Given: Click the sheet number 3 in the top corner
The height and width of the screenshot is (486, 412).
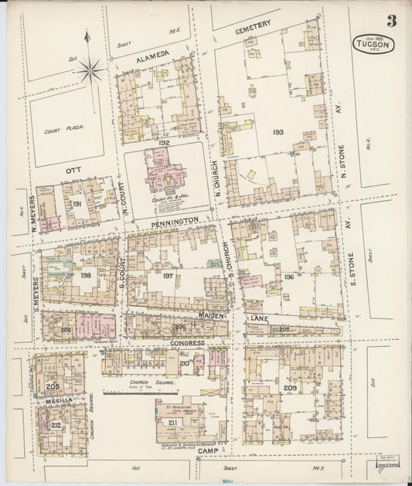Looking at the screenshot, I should point(392,22).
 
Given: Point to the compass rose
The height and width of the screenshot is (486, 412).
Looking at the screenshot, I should point(90,70).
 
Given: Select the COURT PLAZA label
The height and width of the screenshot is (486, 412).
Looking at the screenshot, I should point(64,130).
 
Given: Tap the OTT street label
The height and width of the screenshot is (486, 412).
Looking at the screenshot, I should point(73,168).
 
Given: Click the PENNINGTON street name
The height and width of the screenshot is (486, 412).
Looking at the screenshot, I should point(175,220).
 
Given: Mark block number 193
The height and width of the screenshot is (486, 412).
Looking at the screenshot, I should point(278,132).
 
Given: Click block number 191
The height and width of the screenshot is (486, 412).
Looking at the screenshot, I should point(77,203).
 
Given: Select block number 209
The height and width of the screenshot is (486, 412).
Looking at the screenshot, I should point(290,387).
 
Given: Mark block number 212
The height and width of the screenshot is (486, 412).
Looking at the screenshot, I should point(56,424).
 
